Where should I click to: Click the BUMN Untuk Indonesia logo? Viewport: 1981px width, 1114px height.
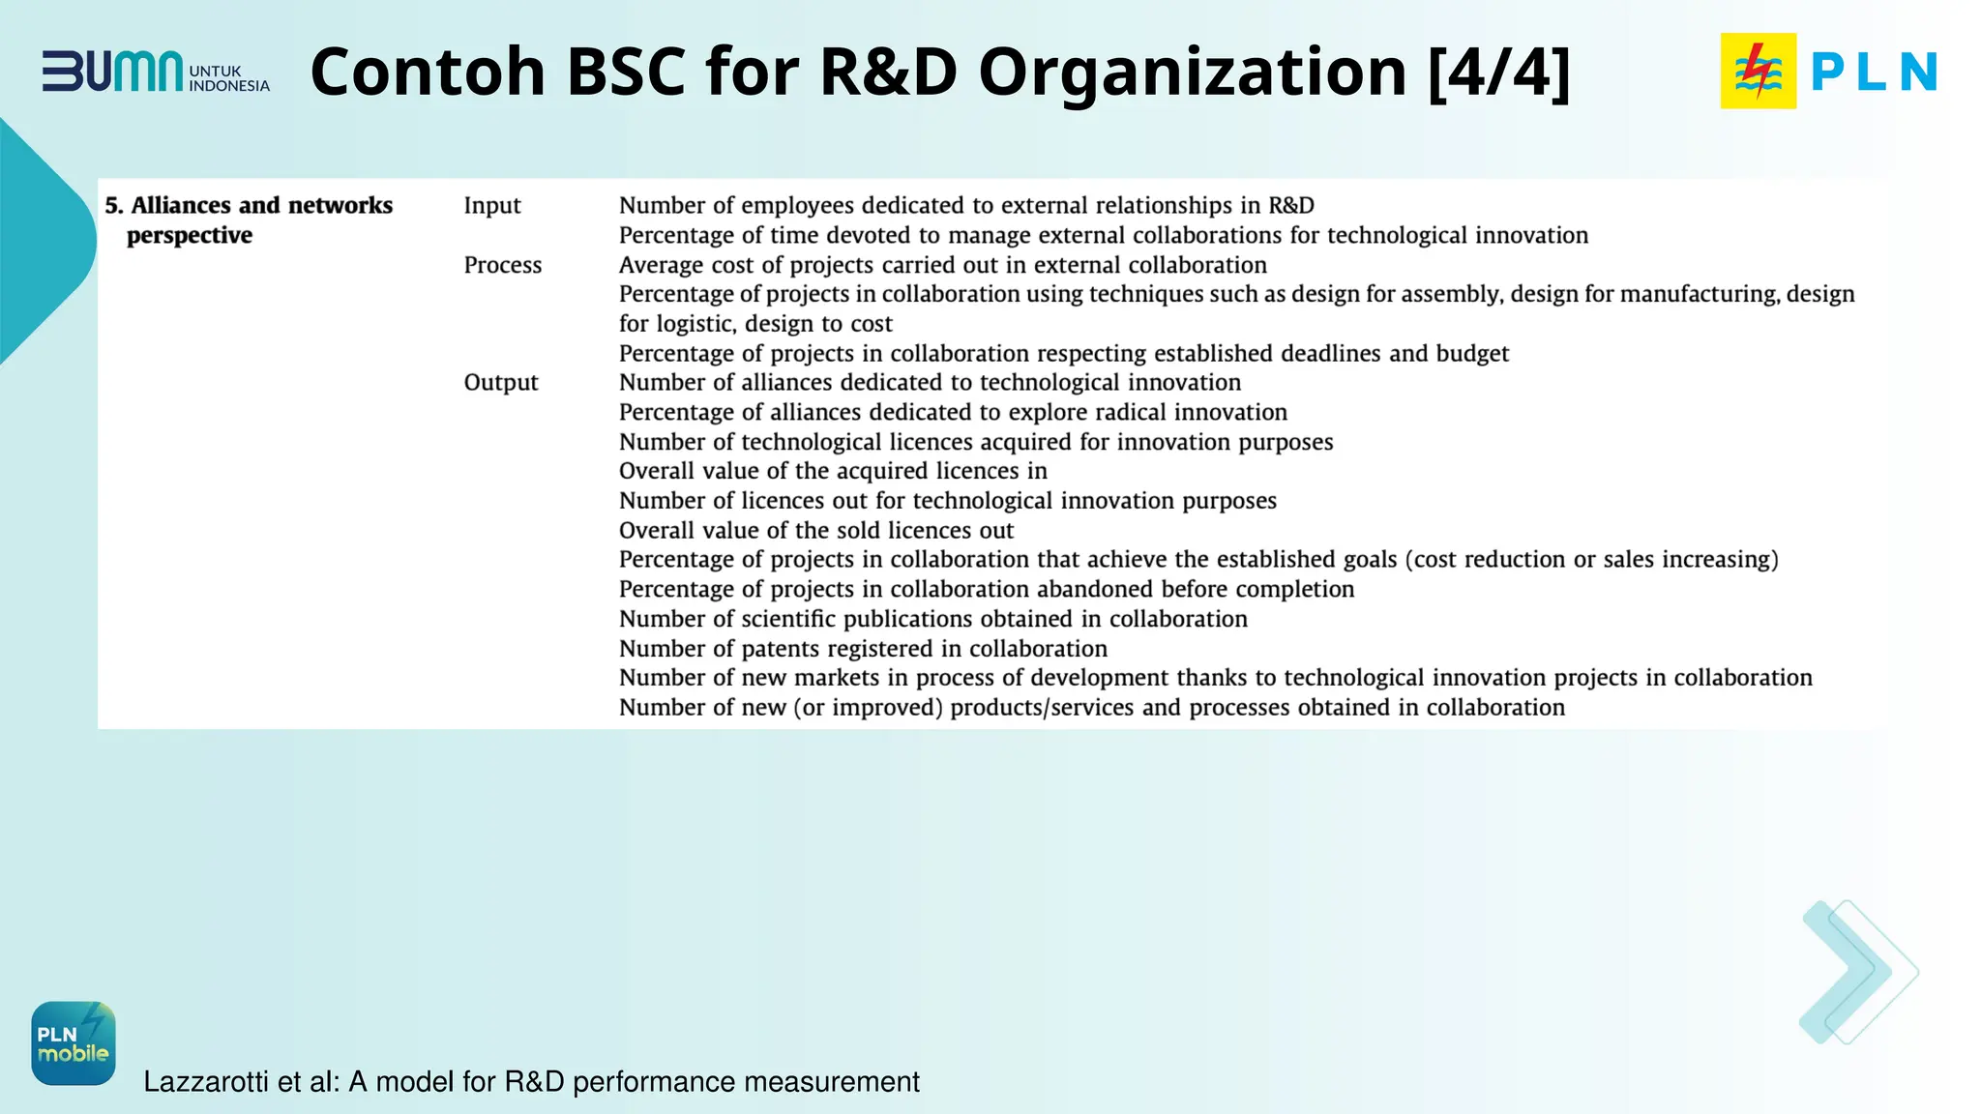pos(155,73)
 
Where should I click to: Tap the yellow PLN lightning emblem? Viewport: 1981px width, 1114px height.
pos(1758,71)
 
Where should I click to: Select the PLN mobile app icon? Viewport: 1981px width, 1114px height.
pos(74,1042)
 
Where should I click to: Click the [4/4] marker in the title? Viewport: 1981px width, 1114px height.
pos(1498,73)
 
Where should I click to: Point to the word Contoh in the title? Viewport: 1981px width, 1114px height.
pos(428,73)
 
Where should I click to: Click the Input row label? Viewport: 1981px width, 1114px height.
pos(491,205)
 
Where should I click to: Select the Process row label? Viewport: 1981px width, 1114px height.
pos(502,265)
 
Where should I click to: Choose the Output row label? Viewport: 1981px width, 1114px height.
pos(500,382)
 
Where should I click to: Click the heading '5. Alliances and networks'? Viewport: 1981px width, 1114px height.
pos(249,205)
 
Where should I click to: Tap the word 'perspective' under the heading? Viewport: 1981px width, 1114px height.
pos(190,235)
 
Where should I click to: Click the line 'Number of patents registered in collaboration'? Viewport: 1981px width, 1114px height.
pos(863,648)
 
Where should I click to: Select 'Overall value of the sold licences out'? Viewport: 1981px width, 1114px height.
pos(815,530)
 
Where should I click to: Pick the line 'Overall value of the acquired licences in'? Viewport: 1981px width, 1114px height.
pos(833,471)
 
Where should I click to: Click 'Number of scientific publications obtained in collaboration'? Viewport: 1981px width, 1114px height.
pos(932,619)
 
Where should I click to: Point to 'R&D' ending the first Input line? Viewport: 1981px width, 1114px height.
pos(1290,205)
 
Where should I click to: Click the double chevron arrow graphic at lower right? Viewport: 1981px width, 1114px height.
pos(1857,972)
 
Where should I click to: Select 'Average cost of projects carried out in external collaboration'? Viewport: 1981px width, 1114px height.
pos(942,265)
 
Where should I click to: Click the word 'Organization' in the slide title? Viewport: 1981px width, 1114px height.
pos(1192,73)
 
